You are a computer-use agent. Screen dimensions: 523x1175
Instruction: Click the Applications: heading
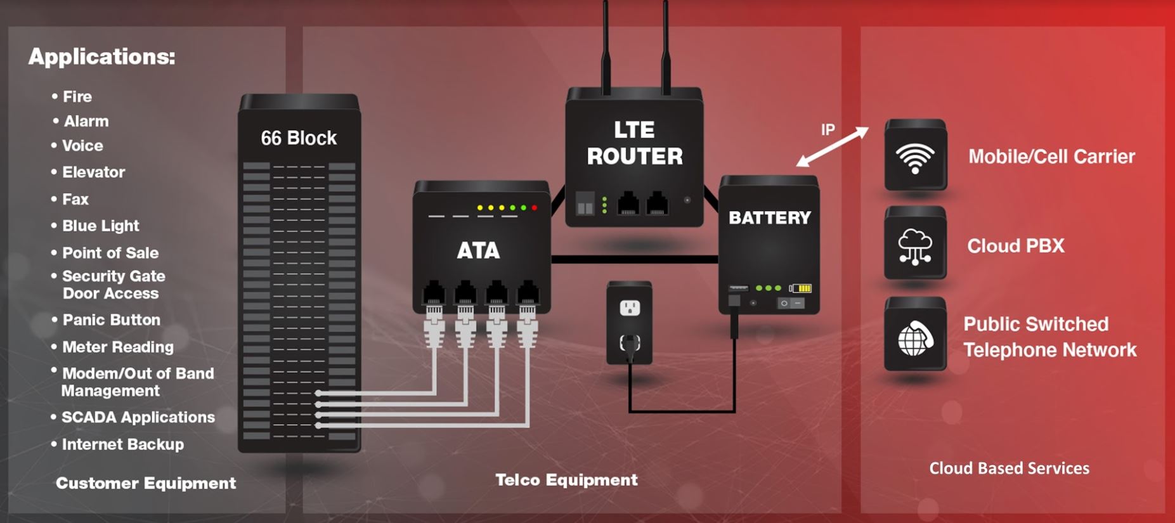pos(102,57)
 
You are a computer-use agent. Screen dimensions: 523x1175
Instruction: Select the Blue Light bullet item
pos(100,226)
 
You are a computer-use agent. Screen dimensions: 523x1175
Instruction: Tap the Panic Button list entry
pos(111,320)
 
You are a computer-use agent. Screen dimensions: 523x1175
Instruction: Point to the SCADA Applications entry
pos(138,417)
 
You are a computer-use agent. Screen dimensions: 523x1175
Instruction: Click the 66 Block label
pos(299,138)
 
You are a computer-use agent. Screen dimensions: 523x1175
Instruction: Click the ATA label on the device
pos(479,250)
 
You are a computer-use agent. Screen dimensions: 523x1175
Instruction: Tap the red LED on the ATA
pos(535,207)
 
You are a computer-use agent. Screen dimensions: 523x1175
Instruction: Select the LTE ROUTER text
pos(635,143)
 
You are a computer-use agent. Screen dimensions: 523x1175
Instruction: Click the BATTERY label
pos(770,218)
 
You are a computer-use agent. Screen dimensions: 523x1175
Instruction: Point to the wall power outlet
pos(629,309)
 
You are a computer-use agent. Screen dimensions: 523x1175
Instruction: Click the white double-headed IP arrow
pos(832,146)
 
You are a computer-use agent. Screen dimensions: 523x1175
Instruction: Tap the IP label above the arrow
pos(828,129)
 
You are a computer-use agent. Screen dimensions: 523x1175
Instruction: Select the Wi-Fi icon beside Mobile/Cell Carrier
pos(915,157)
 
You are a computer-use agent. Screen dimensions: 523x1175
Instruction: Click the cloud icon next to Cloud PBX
pos(915,246)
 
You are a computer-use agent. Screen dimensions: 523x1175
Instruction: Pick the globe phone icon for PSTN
pos(915,337)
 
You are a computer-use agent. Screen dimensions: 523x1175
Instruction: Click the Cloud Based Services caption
pos(1009,468)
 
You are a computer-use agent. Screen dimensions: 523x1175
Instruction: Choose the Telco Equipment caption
pos(566,480)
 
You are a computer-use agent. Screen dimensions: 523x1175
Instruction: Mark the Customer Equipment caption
pos(146,483)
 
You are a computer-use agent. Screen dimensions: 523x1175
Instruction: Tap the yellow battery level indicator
pos(803,288)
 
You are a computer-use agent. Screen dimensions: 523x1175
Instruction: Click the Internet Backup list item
pos(122,444)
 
